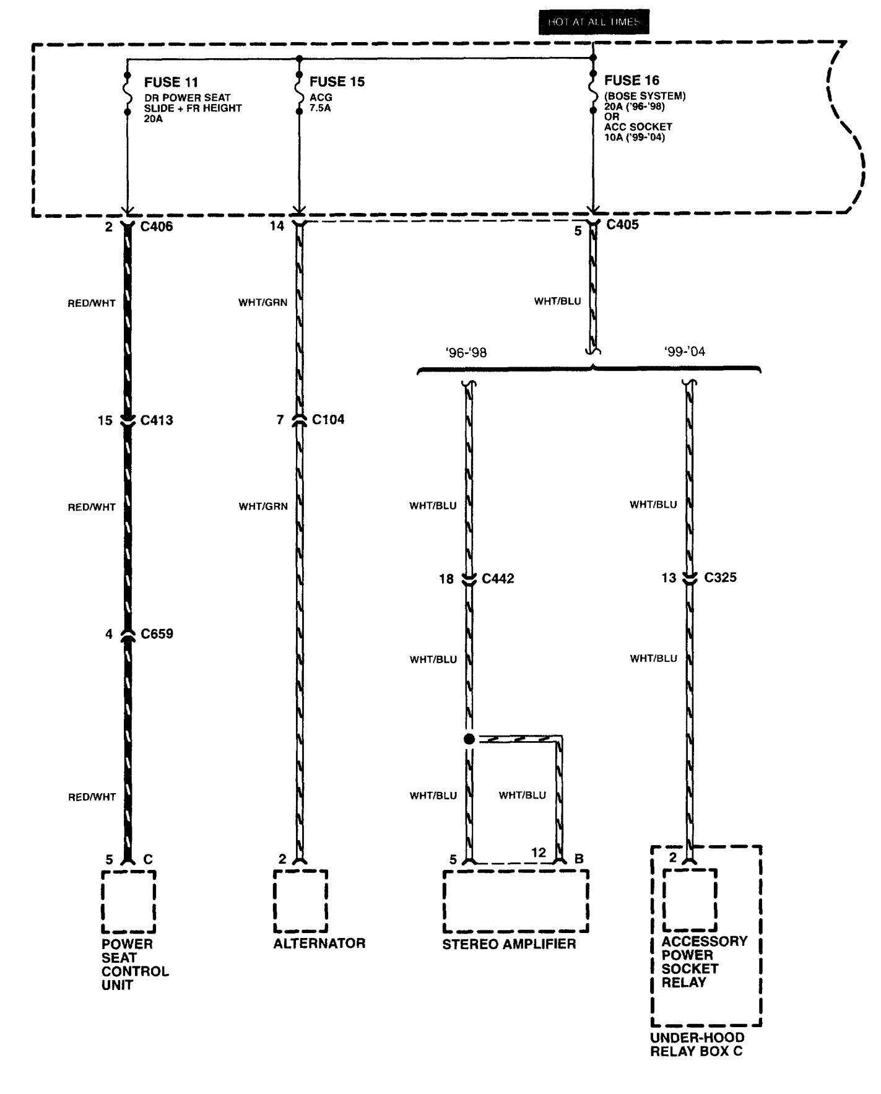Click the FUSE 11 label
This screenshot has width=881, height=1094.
coord(171,82)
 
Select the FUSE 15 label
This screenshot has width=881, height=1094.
coord(337,82)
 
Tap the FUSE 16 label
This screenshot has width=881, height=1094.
coord(631,80)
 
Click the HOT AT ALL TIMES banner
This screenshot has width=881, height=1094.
coord(593,22)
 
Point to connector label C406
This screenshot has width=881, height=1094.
coord(157,227)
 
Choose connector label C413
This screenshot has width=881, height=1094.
coord(157,420)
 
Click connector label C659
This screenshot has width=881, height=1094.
coord(157,634)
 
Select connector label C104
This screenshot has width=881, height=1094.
coord(328,420)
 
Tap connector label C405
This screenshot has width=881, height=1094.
coord(622,225)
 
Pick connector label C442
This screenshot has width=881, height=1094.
coord(498,579)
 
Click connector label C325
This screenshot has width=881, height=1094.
coord(721,578)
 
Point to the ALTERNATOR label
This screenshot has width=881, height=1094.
coord(319,943)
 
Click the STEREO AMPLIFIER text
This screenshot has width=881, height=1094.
coord(509,944)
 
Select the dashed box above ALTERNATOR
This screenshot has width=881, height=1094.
coord(300,901)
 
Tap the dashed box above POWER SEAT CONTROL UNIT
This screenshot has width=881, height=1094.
coord(128,901)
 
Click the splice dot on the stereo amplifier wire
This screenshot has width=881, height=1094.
coord(469,739)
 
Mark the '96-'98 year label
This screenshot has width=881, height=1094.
coord(466,353)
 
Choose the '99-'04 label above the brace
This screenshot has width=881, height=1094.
coord(685,352)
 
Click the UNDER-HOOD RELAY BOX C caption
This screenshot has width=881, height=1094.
coord(697,1044)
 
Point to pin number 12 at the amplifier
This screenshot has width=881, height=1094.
coord(539,853)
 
